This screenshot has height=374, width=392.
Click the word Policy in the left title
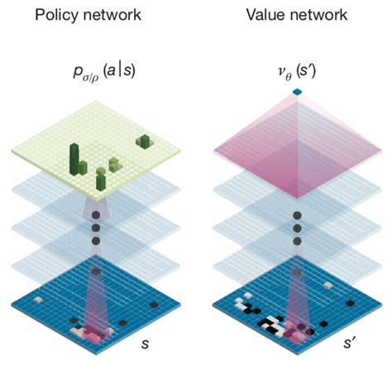click(x=56, y=16)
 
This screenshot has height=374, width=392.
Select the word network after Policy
click(x=112, y=15)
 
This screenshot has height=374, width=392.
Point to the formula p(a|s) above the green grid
click(x=104, y=73)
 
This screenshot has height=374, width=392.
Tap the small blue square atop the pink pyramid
click(x=297, y=92)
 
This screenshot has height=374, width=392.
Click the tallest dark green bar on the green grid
click(x=74, y=159)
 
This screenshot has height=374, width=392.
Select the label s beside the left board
click(x=145, y=343)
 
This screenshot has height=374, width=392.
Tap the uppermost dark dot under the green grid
click(x=96, y=215)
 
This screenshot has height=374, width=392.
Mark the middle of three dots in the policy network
click(x=96, y=228)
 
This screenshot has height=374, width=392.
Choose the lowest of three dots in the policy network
click(x=96, y=241)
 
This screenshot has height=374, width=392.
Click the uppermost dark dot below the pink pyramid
click(x=297, y=215)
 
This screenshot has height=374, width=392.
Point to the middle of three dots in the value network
click(x=297, y=228)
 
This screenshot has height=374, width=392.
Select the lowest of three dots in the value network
click(x=297, y=242)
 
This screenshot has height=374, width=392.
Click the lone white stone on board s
click(x=38, y=300)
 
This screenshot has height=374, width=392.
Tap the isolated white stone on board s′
click(x=327, y=285)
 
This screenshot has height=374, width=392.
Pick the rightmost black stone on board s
click(x=154, y=304)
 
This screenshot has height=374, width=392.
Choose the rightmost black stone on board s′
click(x=350, y=303)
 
